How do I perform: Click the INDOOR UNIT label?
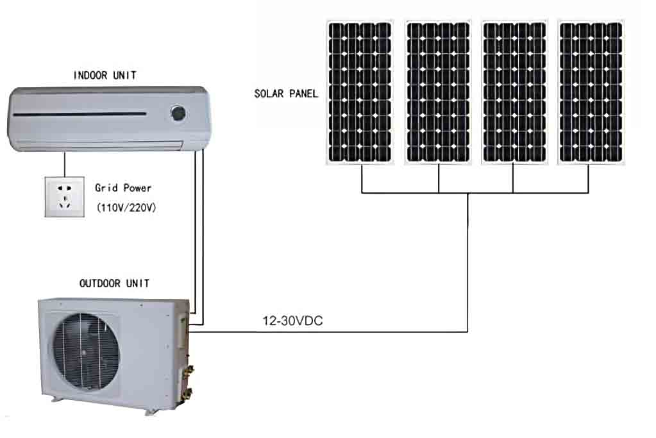105,76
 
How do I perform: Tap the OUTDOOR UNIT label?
114,283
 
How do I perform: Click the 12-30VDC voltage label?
292,321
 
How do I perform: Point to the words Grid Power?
123,188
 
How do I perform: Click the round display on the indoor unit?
178,114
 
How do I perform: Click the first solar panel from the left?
360,92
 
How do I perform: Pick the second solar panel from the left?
438,92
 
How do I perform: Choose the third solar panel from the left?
513,92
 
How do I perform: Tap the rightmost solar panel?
590,92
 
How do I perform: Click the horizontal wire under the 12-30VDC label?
327,332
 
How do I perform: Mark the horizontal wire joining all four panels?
475,192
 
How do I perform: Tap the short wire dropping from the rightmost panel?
589,179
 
